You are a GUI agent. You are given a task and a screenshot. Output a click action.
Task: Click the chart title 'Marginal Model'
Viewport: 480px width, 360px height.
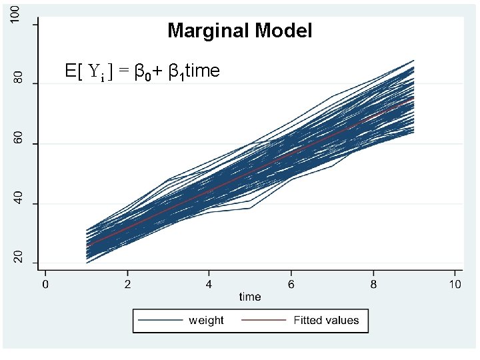tap(240, 31)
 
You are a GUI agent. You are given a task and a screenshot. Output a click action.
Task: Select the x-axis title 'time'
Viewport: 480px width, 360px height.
tap(250, 296)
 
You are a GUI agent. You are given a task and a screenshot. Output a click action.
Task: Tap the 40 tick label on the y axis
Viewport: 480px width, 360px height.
tap(19, 199)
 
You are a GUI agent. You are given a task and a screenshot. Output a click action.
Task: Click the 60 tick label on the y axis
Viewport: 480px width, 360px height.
tap(19, 139)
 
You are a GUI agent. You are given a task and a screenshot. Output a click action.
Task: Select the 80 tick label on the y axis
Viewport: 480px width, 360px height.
tap(19, 79)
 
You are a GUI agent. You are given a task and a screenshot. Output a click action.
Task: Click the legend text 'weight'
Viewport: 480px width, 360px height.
tap(206, 321)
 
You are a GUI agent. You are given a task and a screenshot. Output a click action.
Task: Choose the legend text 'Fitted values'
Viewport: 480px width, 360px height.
tap(326, 321)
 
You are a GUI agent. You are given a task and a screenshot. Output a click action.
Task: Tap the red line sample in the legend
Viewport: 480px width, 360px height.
tap(265, 321)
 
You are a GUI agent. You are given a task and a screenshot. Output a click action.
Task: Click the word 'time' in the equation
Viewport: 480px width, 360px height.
tap(201, 71)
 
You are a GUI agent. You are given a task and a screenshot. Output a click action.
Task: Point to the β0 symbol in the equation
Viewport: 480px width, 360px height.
tap(141, 72)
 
